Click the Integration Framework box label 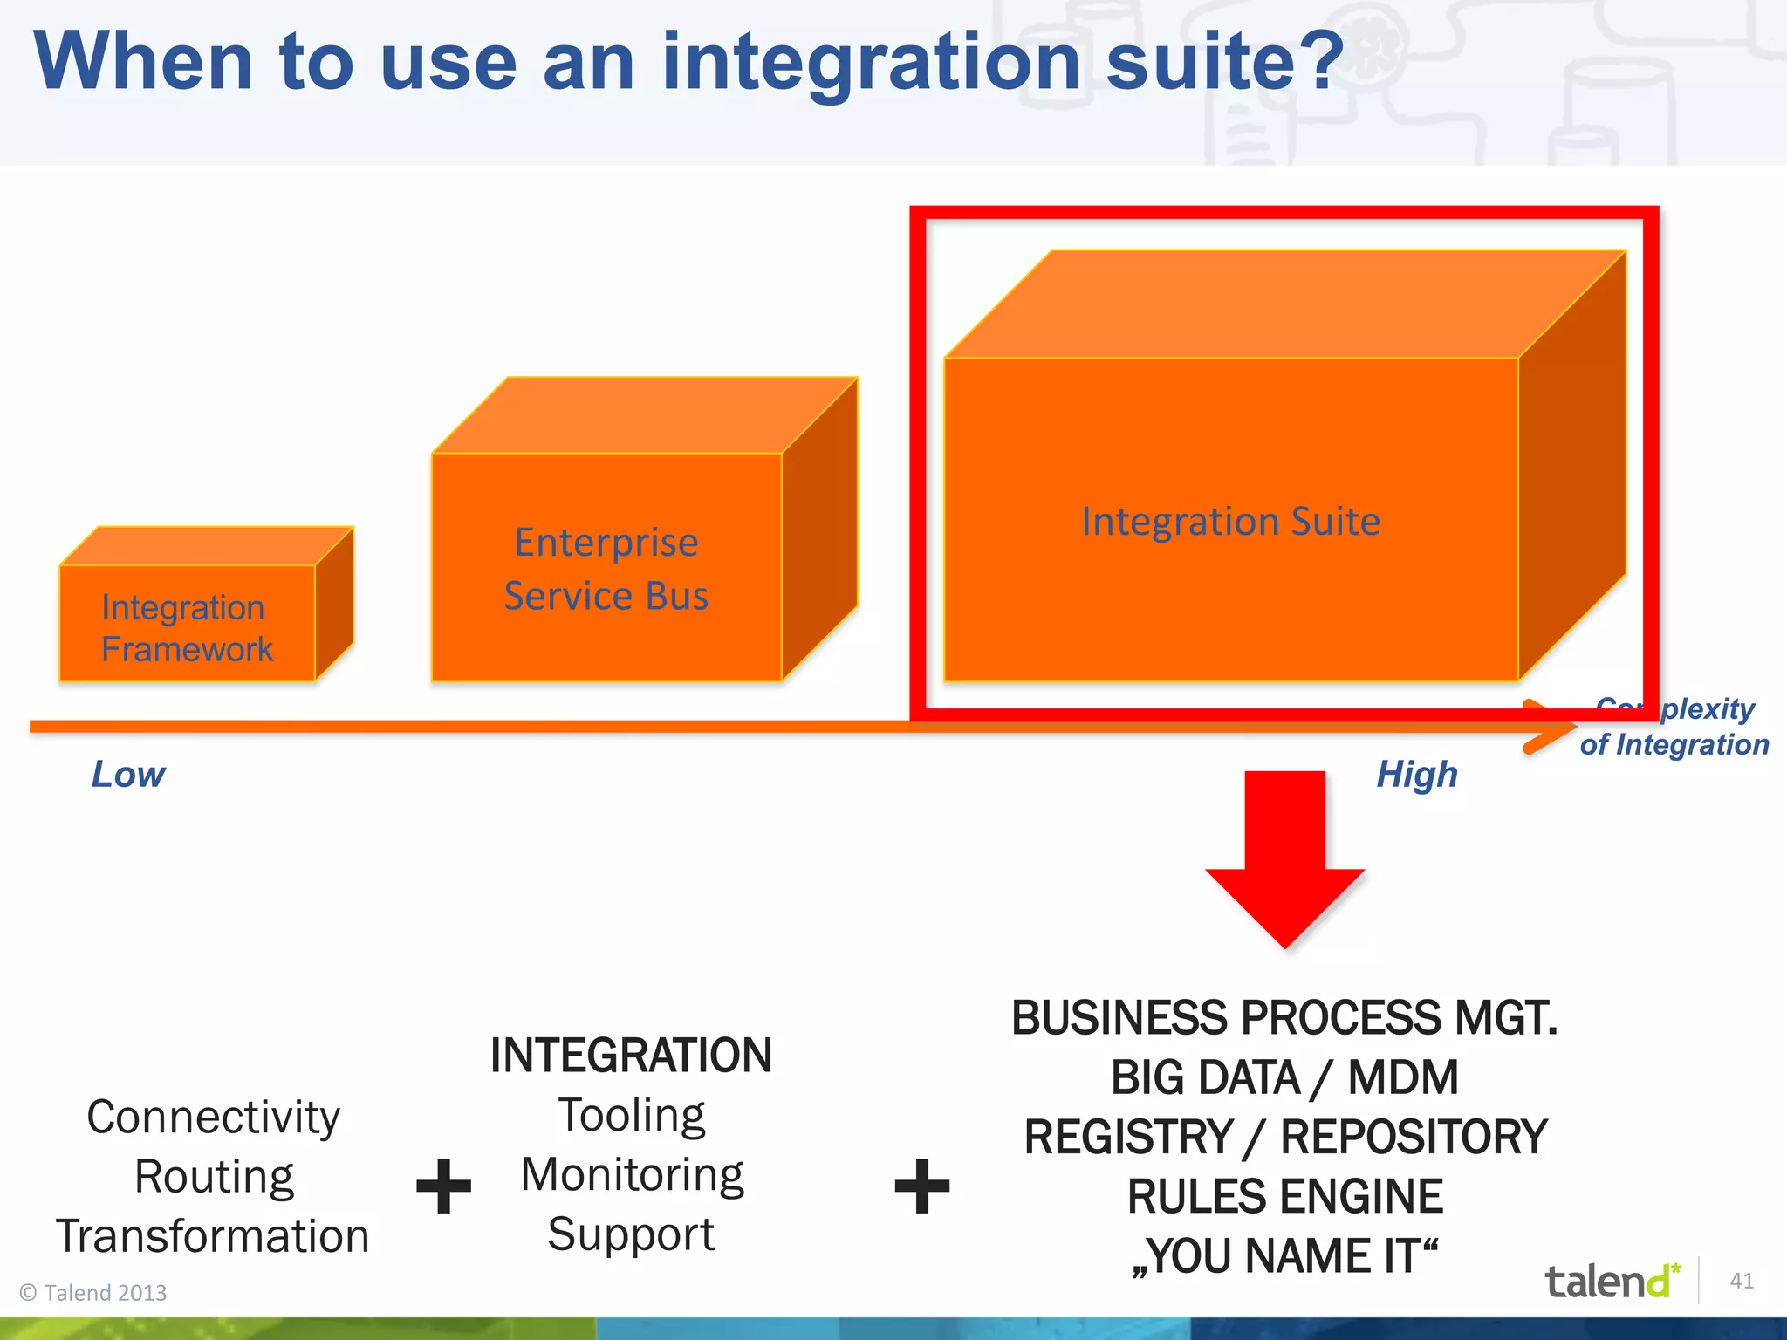pos(186,628)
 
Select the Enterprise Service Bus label pos(606,569)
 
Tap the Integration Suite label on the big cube pos(1230,522)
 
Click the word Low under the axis pos(128,775)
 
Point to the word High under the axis pos(1417,775)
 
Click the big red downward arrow pos(1284,859)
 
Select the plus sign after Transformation pos(443,1186)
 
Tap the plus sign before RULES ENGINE pos(921,1186)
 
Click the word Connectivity pos(213,1118)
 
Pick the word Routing pos(214,1177)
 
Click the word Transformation pos(213,1236)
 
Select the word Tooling pos(631,1116)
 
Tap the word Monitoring pos(632,1175)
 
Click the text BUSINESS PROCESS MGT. pos(1284,1018)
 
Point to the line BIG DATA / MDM pos(1284,1077)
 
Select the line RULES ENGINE pos(1284,1196)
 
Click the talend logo pos(1611,1282)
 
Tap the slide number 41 pos(1742,1281)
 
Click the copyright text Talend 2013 pos(93,1293)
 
